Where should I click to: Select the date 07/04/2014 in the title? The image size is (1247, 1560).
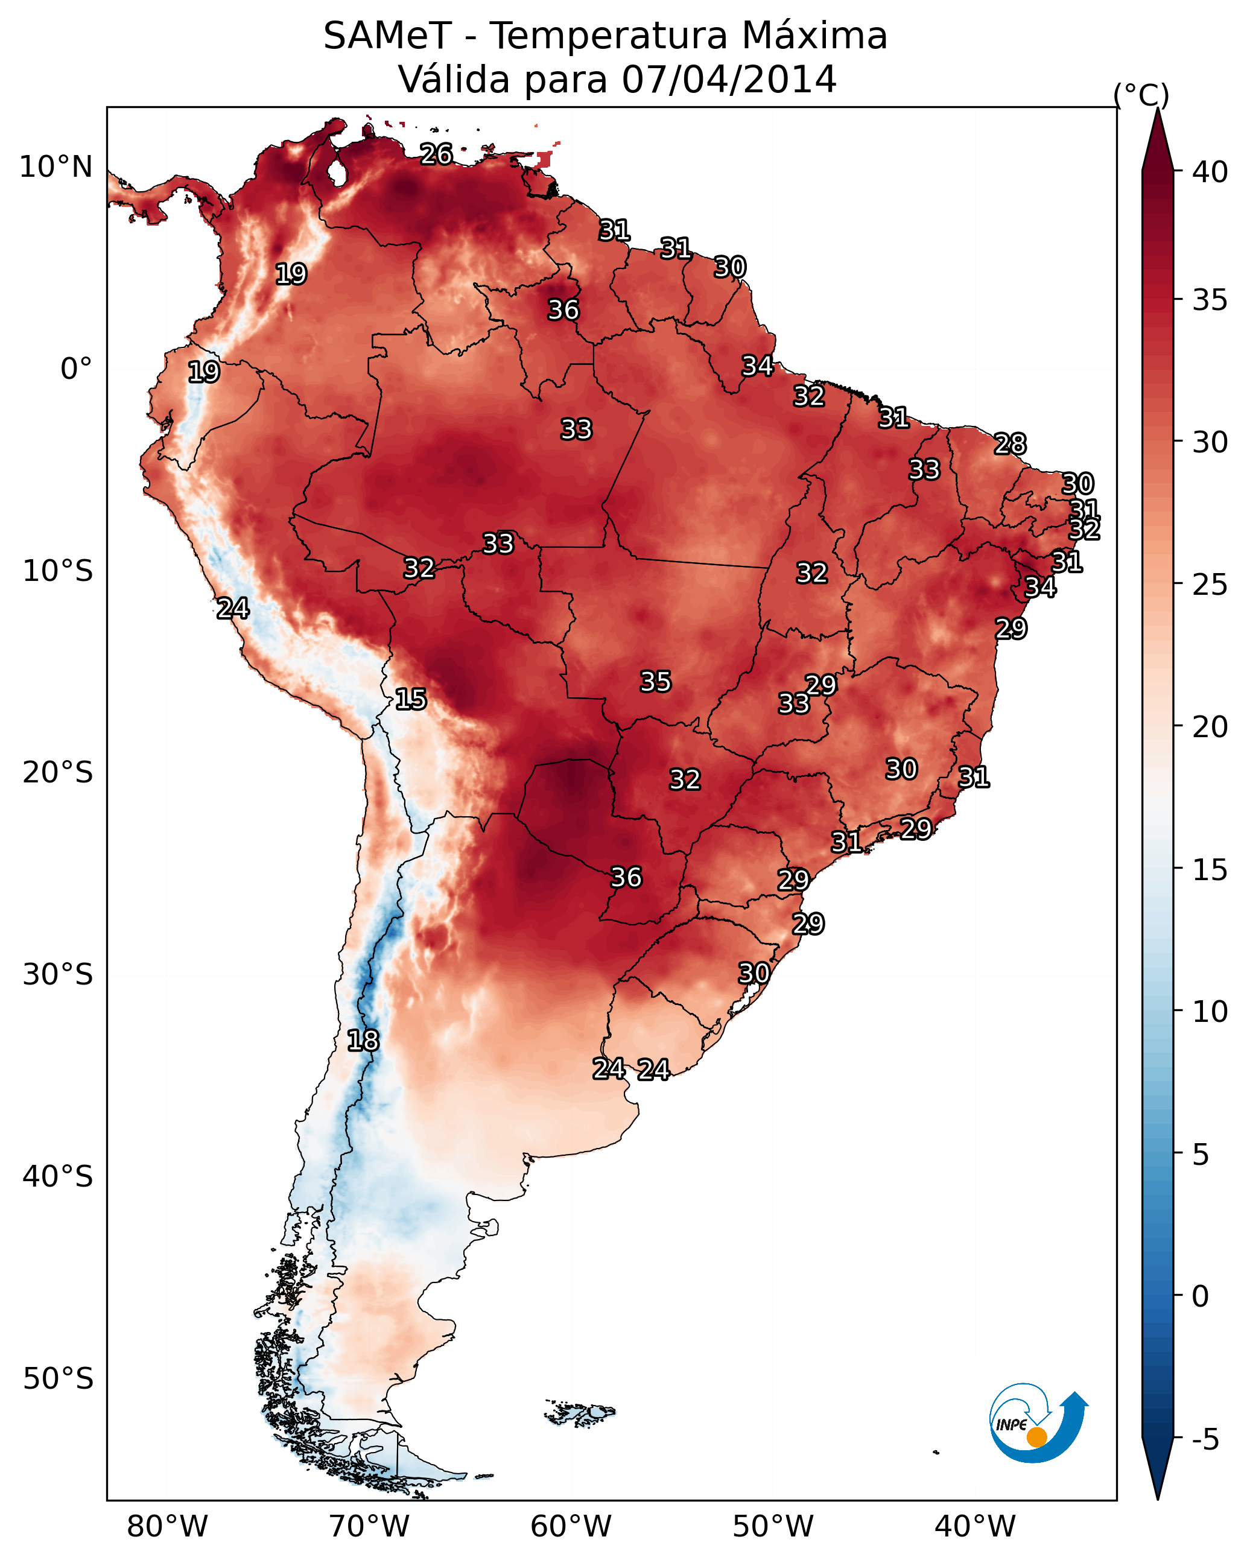729,80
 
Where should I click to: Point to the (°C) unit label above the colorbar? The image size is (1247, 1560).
1141,95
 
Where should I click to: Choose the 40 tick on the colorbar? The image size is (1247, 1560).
1210,172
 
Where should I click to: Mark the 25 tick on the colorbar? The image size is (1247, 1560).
1210,585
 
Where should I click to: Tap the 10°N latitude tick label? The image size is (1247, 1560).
56,167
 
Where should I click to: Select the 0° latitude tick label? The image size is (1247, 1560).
76,369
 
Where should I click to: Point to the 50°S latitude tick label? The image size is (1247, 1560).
58,1378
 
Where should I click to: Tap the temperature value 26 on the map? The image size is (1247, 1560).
436,154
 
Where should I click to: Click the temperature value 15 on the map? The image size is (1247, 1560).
410,699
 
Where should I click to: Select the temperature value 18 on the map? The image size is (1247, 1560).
363,1041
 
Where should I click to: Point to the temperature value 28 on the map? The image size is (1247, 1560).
1010,443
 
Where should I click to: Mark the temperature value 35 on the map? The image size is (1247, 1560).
656,682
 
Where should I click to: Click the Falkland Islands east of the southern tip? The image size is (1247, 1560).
581,1412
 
